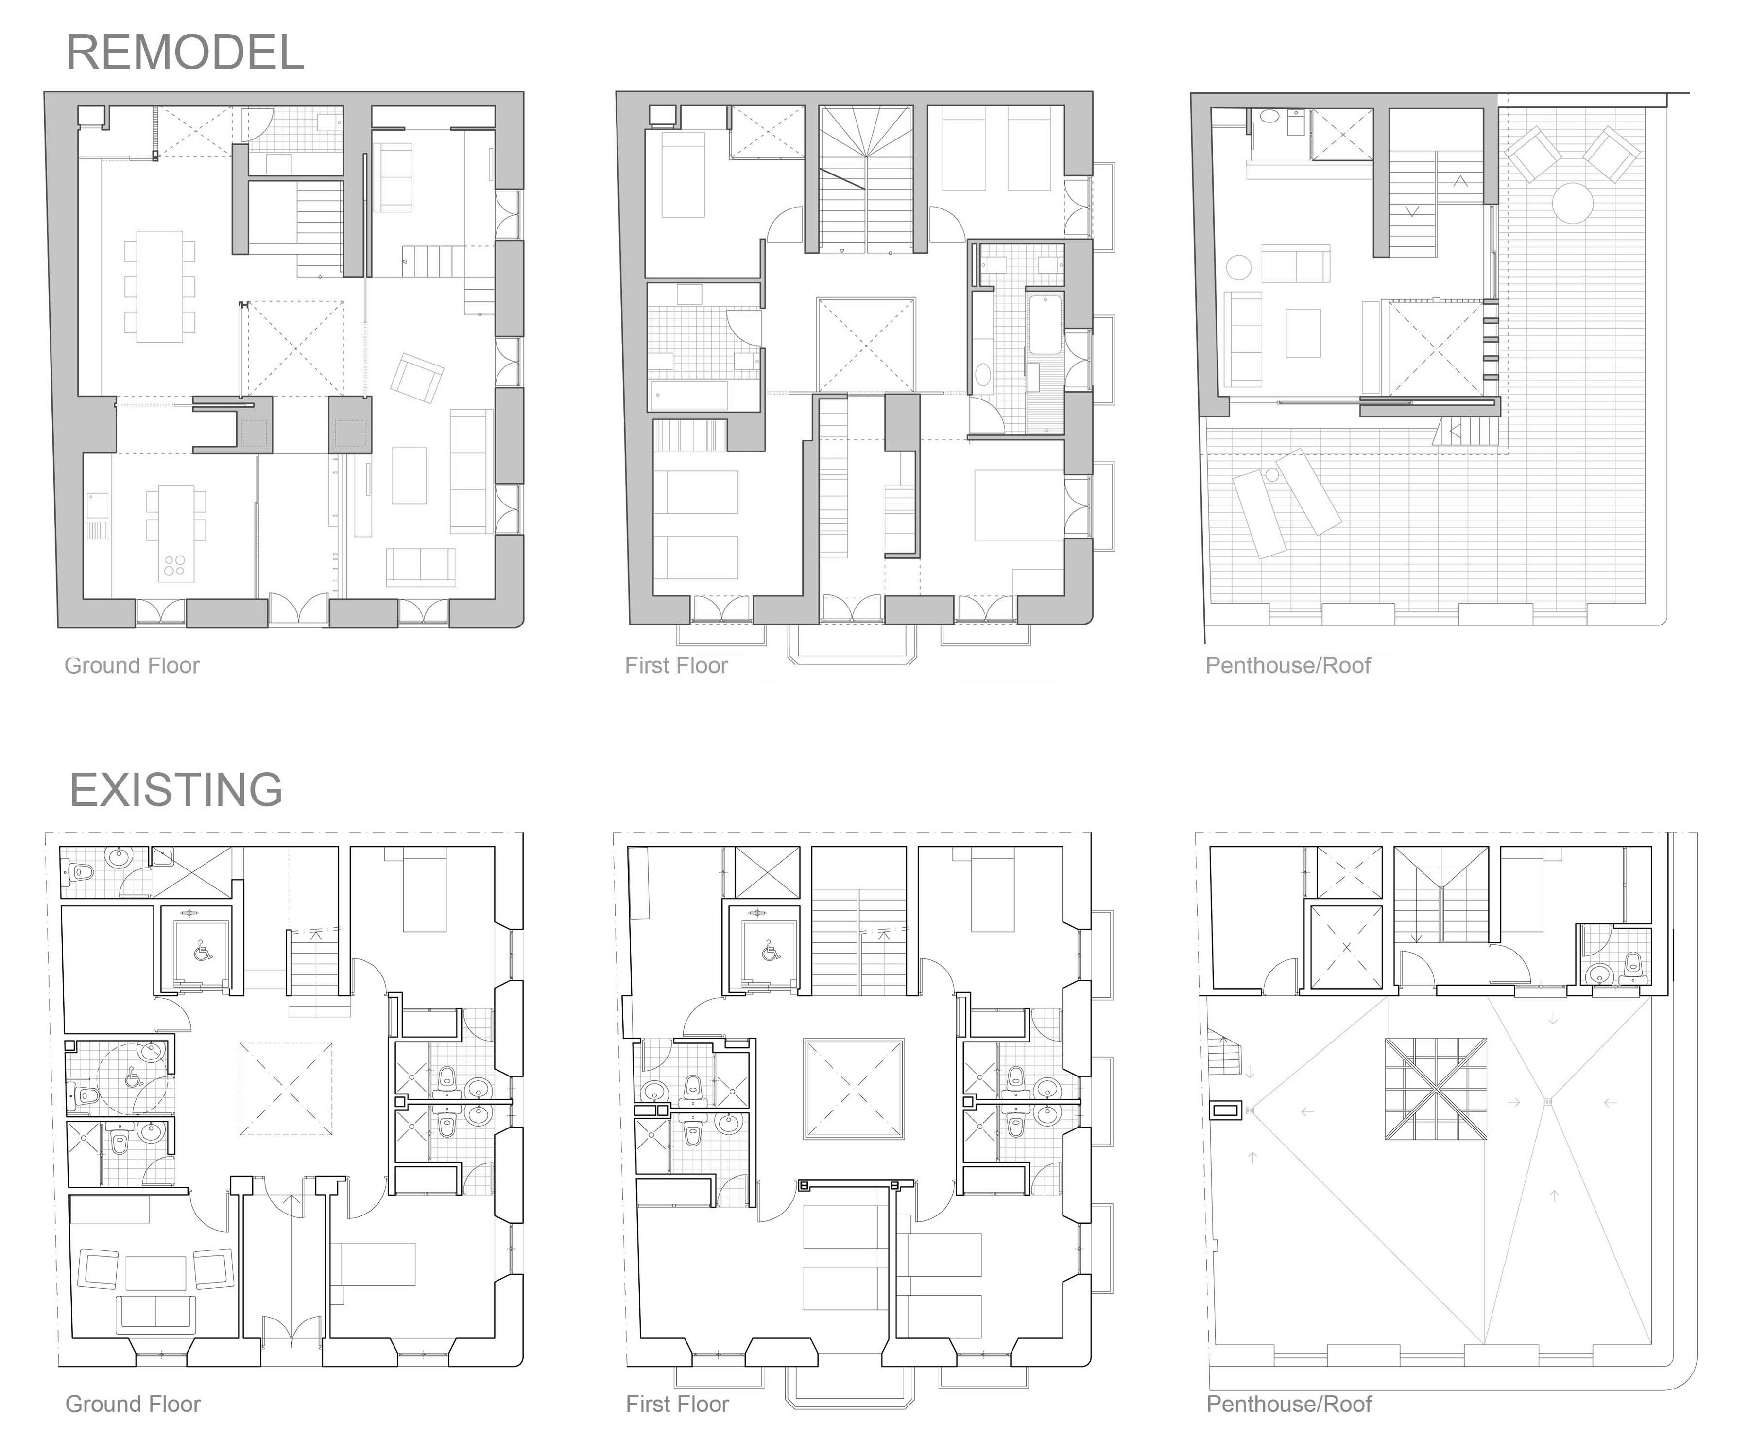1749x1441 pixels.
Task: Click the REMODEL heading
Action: pyautogui.click(x=185, y=52)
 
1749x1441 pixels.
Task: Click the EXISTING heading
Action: pyautogui.click(x=177, y=789)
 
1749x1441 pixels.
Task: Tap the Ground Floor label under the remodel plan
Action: pyautogui.click(x=132, y=666)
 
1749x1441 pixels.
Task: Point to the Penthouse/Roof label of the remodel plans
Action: pyautogui.click(x=1287, y=666)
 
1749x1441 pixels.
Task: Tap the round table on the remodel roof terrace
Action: pyautogui.click(x=1572, y=203)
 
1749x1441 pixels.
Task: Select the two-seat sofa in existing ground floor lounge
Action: pyautogui.click(x=156, y=1313)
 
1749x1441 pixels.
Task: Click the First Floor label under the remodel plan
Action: pyautogui.click(x=676, y=666)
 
